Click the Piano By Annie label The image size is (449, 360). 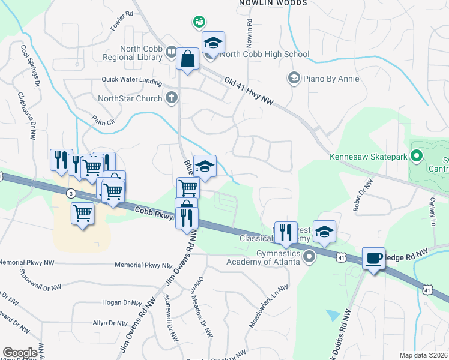(331, 79)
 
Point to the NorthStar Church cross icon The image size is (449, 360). (172, 98)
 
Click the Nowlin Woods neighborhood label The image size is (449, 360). (273, 3)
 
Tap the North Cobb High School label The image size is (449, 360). (265, 54)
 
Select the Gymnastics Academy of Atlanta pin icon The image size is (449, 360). (309, 257)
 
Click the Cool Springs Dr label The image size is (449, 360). (30, 63)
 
